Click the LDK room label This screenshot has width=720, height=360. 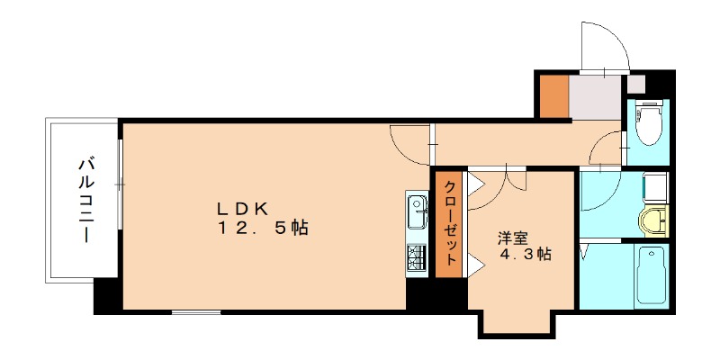pyautogui.click(x=242, y=207)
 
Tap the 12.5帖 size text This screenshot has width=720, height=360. pyautogui.click(x=262, y=229)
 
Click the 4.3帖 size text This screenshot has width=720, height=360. pyautogui.click(x=526, y=256)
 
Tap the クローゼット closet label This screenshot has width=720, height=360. pyautogui.click(x=448, y=225)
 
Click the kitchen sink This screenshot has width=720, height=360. pyautogui.click(x=418, y=213)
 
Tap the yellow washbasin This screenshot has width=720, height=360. pyautogui.click(x=653, y=219)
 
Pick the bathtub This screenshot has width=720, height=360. pyautogui.click(x=649, y=275)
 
